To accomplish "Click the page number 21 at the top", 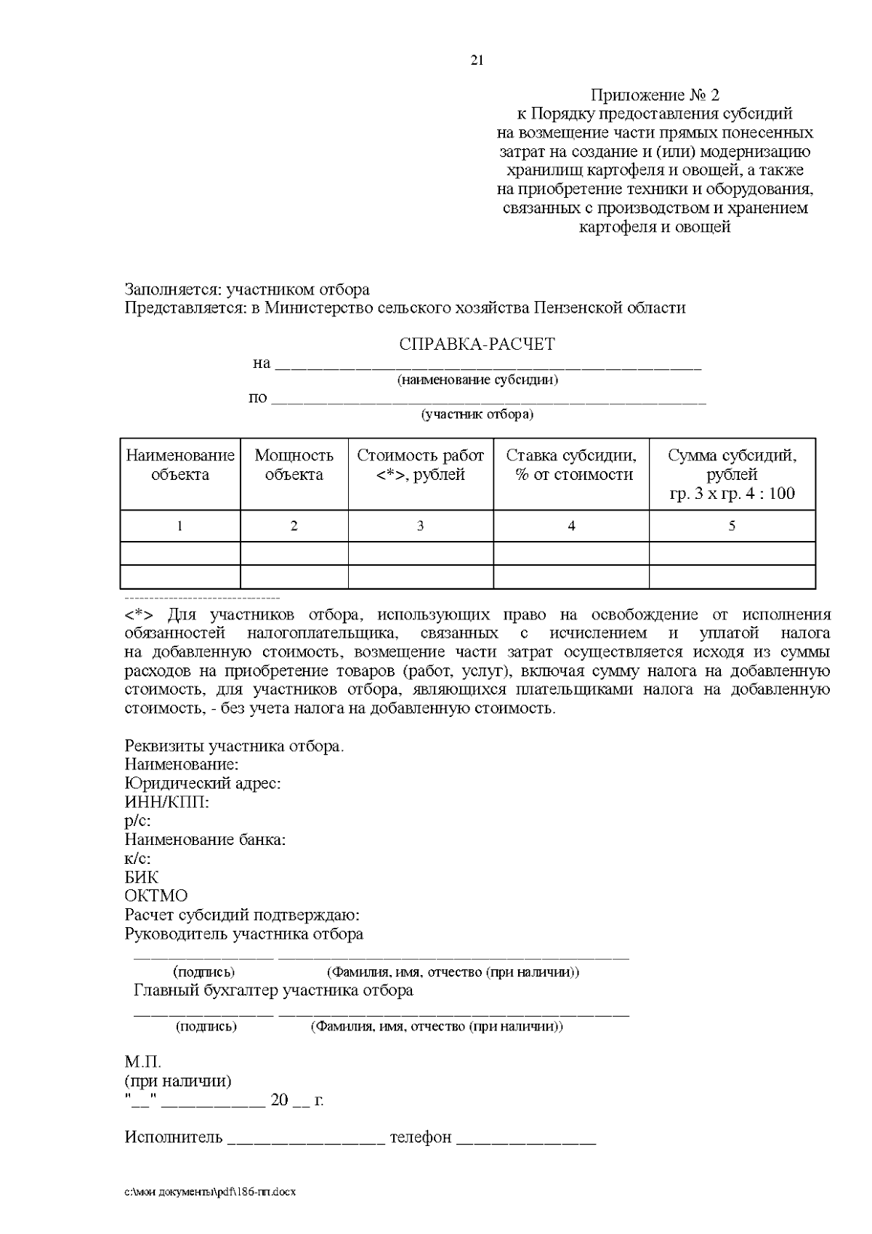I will tap(477, 61).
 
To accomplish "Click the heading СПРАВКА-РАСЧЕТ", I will tap(477, 344).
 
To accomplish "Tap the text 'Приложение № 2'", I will tap(655, 95).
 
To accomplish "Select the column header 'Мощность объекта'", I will tap(294, 465).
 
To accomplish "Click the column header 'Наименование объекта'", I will tap(180, 465).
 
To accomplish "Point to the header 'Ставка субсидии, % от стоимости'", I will tap(570, 465).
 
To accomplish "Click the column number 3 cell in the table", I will tap(420, 526).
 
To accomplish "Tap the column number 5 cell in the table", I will tap(732, 526).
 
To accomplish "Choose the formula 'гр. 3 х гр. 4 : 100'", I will tap(732, 494).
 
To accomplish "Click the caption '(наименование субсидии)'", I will tap(477, 380).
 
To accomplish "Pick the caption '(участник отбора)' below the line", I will tap(477, 415).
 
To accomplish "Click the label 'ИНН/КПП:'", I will tap(167, 803).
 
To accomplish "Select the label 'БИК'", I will tap(141, 878).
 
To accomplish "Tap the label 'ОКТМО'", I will tap(156, 896).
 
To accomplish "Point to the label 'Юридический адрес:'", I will tap(203, 784).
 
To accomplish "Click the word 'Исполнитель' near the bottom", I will tap(174, 1137).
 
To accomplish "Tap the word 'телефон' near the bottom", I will tap(420, 1137).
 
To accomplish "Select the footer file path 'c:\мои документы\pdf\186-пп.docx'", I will tap(211, 1193).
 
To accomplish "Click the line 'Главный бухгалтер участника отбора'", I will tap(273, 990).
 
